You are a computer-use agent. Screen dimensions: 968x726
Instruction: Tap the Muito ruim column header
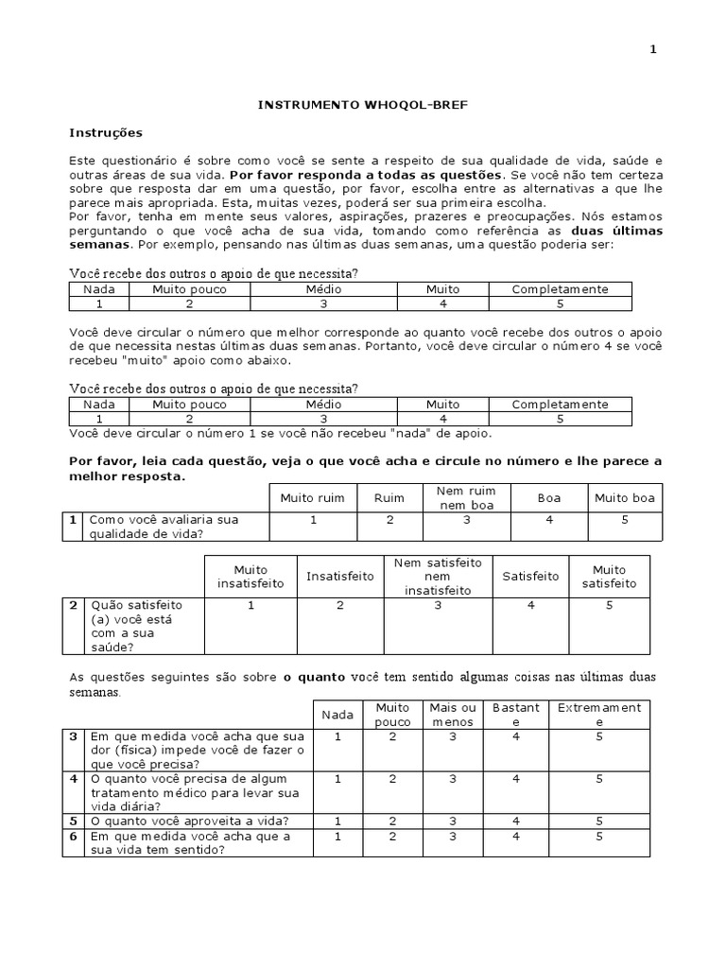coord(312,497)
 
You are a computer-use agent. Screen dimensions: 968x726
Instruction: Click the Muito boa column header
coord(625,497)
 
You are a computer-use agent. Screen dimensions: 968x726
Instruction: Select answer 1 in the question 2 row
coord(251,605)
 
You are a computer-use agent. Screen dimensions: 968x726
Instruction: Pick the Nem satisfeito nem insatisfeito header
coord(438,576)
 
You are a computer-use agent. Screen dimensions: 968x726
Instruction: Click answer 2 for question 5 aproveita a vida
coord(392,821)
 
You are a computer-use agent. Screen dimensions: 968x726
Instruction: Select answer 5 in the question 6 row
coord(599,837)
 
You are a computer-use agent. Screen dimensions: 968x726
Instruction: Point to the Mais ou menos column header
coord(454,715)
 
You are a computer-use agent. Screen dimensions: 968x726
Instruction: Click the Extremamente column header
coord(599,715)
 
